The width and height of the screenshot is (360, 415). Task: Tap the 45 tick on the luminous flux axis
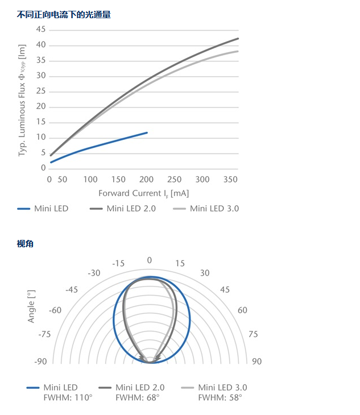(x=40, y=30)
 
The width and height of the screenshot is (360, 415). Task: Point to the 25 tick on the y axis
(x=40, y=91)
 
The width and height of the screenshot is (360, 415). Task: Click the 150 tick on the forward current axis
(x=118, y=180)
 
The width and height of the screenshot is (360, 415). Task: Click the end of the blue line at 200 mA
(x=147, y=132)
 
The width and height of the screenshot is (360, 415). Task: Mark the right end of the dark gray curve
(x=238, y=39)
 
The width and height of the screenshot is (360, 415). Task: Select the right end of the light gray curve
(x=238, y=51)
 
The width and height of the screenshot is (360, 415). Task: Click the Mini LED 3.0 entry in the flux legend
(x=214, y=209)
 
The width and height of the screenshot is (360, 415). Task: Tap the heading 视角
(x=26, y=244)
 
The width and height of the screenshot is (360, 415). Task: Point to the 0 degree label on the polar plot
(x=150, y=260)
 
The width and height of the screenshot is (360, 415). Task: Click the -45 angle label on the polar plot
(x=72, y=289)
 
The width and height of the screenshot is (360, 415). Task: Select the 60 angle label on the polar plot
(x=242, y=310)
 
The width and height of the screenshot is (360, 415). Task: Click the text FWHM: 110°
(x=68, y=397)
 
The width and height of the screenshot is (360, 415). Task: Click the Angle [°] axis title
(x=31, y=306)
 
